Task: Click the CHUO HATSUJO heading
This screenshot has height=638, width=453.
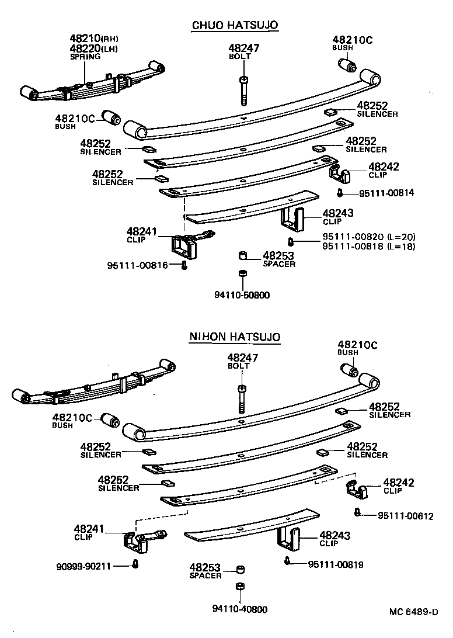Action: point(235,25)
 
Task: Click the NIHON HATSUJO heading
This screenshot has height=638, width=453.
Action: point(235,337)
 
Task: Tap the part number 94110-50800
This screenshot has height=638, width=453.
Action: point(241,295)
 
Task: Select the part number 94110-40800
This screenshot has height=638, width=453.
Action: point(240,609)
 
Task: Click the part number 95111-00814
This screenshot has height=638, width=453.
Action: point(379,193)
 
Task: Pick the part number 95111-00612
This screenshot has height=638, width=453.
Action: point(406,515)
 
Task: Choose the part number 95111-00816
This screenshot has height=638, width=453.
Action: point(137,265)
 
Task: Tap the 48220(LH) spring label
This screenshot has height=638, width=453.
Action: point(93,48)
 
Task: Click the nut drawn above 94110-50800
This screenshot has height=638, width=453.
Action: point(241,274)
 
